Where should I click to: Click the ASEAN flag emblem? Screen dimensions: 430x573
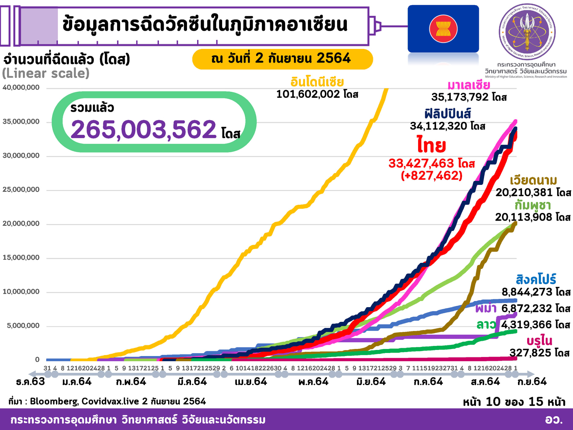click(x=443, y=29)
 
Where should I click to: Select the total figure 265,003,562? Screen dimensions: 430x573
click(x=143, y=130)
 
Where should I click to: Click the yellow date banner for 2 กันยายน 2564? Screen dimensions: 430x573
click(x=282, y=59)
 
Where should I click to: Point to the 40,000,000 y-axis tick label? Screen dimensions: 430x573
click(x=21, y=88)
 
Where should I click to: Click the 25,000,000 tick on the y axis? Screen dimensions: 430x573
click(x=21, y=190)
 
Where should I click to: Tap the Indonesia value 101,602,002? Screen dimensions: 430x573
click(x=308, y=94)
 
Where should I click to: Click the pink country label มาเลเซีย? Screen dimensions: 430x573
click(x=469, y=85)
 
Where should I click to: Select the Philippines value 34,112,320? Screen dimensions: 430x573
click(x=439, y=126)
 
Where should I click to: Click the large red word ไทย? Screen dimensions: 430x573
click(x=432, y=145)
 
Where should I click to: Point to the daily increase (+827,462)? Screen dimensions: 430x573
click(x=432, y=176)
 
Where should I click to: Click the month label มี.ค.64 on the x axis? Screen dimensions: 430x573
click(x=192, y=382)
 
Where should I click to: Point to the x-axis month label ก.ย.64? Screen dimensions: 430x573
click(x=532, y=382)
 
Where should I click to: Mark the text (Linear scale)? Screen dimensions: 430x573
click(x=46, y=73)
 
